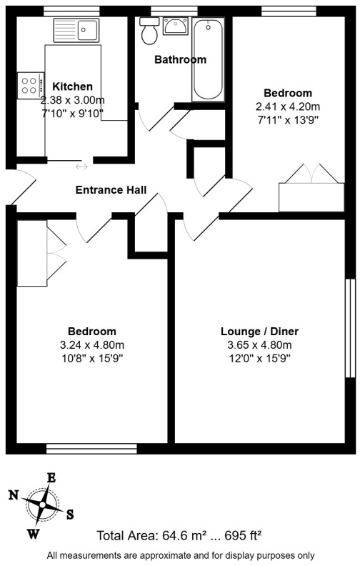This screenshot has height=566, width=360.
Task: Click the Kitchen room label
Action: point(72,87)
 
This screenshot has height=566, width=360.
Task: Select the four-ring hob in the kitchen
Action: point(30,86)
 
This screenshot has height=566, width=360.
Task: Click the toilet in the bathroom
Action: point(150,31)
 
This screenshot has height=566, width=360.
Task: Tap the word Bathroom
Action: point(181,60)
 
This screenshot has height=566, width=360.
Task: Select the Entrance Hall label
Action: point(111,190)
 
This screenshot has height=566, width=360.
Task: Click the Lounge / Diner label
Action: point(259,332)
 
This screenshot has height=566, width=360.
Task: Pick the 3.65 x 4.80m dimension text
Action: point(259,345)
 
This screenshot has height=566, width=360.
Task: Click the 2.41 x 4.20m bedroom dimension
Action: point(288,106)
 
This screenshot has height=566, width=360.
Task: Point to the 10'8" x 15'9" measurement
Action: point(92,359)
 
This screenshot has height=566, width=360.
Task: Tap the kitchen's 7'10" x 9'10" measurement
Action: point(72,114)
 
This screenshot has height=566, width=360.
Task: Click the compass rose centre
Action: point(42,505)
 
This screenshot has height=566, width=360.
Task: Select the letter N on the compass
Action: point(14,494)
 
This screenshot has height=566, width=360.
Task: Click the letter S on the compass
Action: point(69,514)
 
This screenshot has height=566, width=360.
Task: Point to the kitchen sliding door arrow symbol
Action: point(81,167)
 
